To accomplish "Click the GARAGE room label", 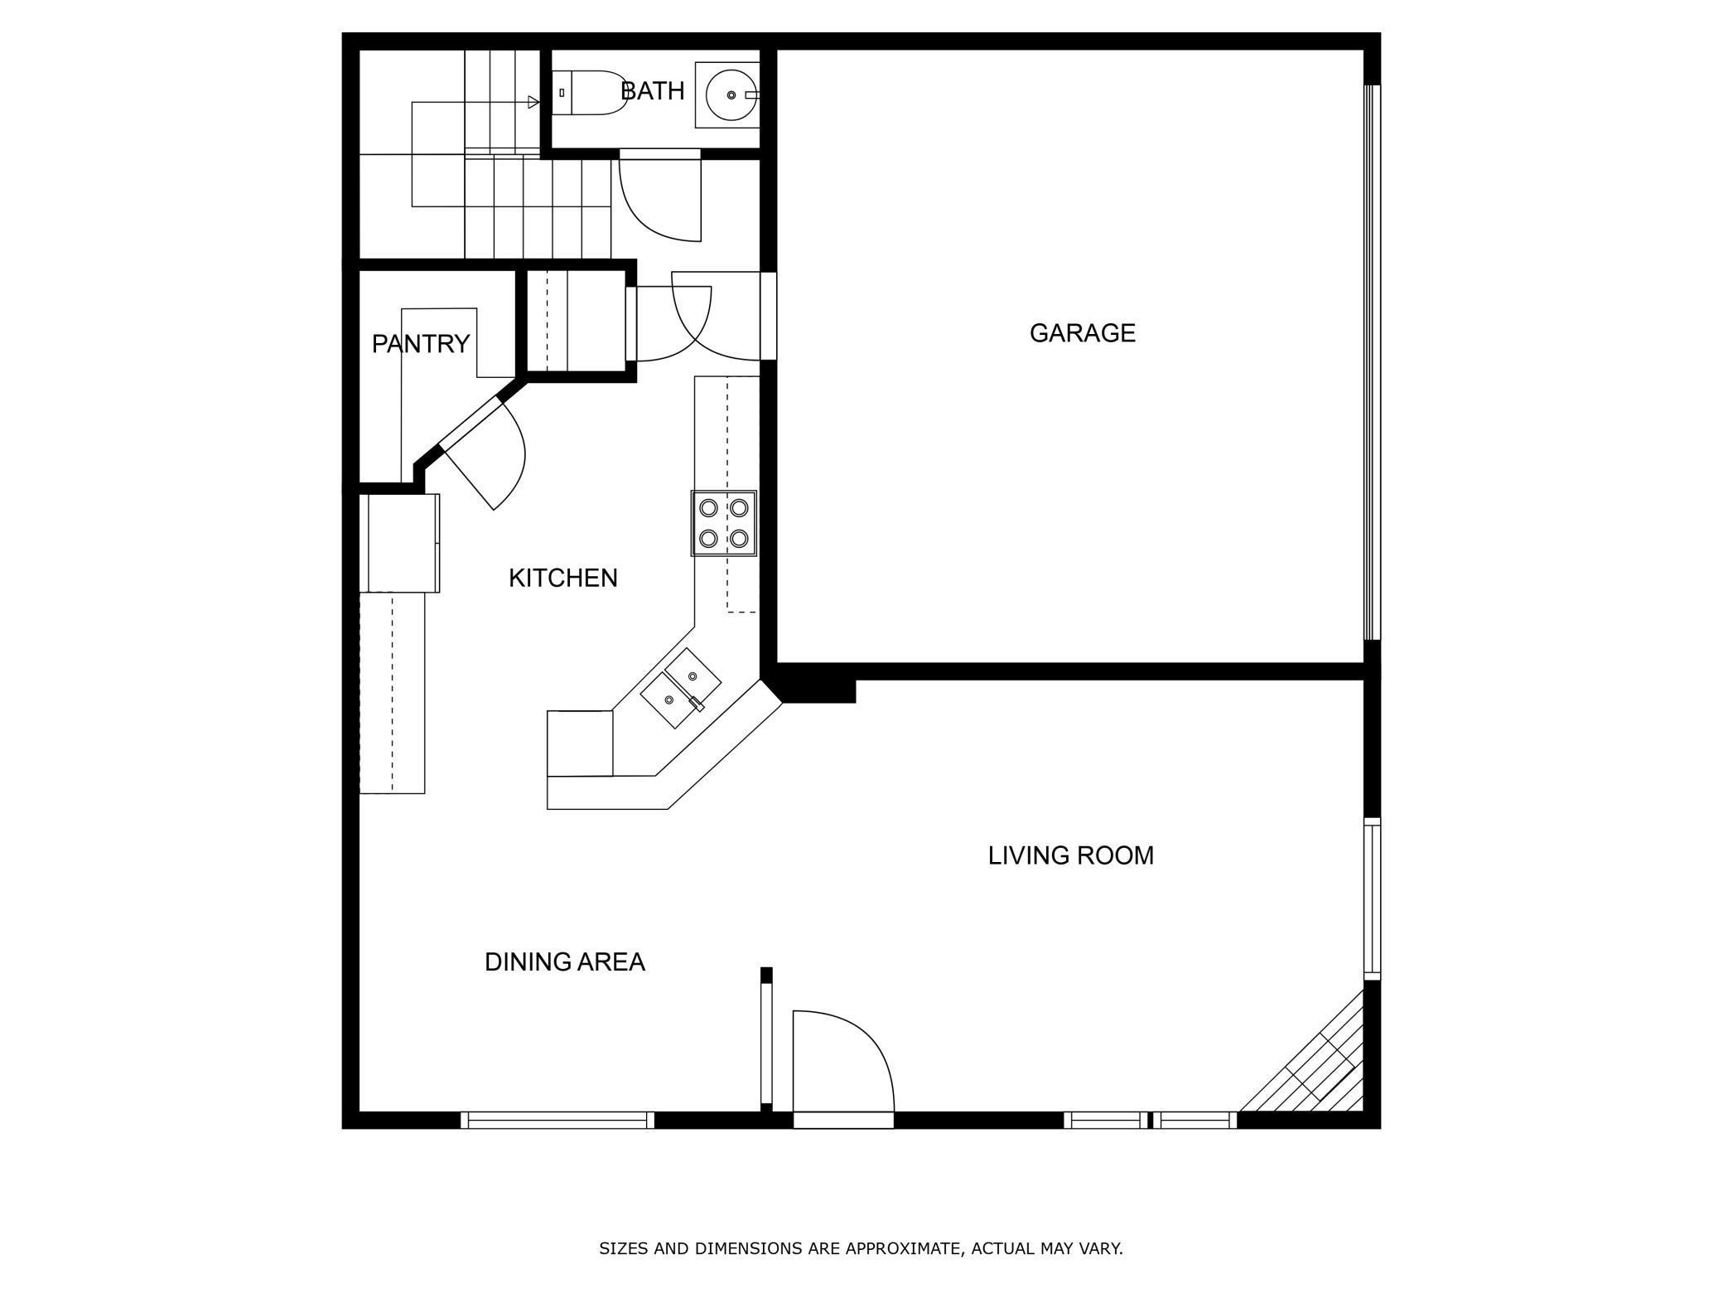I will [x=1082, y=333].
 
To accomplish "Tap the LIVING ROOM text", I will [x=1070, y=855].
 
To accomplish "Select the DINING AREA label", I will [x=564, y=962].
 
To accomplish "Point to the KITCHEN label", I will [x=562, y=579].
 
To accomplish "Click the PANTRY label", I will [x=420, y=344].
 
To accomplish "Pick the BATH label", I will [x=653, y=91].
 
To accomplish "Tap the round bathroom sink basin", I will [x=730, y=95].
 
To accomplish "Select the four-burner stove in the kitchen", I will [x=724, y=523].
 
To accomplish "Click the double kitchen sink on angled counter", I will [x=681, y=688].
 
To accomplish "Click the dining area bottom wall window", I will [x=557, y=1121].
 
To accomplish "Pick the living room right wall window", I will [x=1372, y=898].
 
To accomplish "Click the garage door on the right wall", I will [x=1372, y=362].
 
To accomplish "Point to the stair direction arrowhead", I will [x=533, y=103].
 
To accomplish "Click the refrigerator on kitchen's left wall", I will [x=399, y=543].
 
